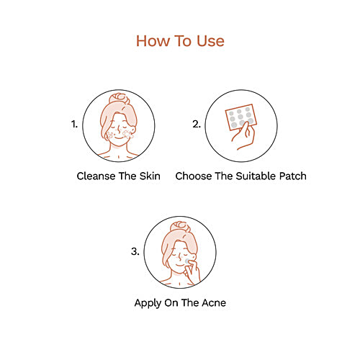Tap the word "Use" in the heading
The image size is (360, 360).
[209, 40]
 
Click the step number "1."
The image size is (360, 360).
[73, 124]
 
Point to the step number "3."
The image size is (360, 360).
[135, 251]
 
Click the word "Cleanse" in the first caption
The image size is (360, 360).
[99, 176]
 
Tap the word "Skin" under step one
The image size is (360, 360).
[148, 176]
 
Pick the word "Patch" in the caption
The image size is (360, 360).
[291, 176]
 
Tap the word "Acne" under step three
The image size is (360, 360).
[212, 302]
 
